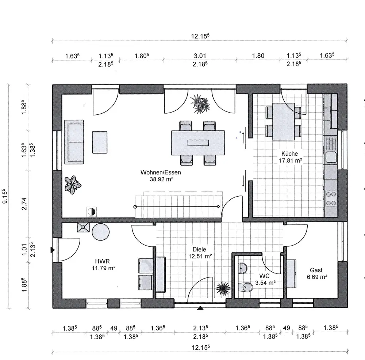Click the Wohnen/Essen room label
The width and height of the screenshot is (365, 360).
point(161,172)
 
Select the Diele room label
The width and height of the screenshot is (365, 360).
point(199,249)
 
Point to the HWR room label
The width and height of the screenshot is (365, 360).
point(103,261)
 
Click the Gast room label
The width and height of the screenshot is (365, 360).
point(316,270)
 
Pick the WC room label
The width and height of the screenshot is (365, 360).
point(264,276)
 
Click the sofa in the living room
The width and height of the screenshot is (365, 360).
point(74,142)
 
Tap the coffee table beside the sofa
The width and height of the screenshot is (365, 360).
point(100,142)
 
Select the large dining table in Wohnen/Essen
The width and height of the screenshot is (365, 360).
point(198,143)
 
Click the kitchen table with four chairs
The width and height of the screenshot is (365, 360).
point(284,121)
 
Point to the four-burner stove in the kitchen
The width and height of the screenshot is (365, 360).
point(331,198)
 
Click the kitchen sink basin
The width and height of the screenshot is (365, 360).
point(331,157)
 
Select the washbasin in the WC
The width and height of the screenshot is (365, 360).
point(243,268)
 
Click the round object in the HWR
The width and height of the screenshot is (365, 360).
point(101,232)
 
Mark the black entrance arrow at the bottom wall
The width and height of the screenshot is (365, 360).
point(200,308)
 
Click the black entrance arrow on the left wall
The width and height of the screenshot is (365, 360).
point(53,250)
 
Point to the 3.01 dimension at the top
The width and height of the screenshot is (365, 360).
point(200,56)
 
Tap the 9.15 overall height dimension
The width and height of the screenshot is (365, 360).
point(5,196)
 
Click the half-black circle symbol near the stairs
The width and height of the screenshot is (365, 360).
point(92,212)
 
